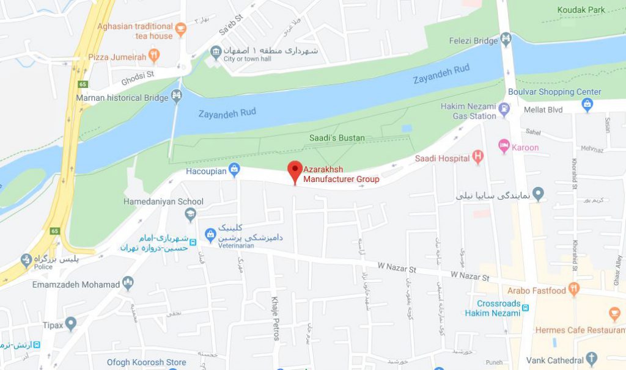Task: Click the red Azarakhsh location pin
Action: tap(295, 170)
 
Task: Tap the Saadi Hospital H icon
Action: tap(478, 158)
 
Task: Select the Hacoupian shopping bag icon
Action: tap(234, 169)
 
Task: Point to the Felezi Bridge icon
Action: tap(506, 39)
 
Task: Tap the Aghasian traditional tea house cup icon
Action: tap(180, 28)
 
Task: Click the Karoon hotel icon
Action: tap(504, 145)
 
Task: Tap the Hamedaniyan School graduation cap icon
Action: tap(191, 213)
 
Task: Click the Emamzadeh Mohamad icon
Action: tap(128, 283)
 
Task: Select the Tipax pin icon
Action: tap(71, 323)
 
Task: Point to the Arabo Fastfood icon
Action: tap(573, 288)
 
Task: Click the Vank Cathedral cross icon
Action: tap(591, 358)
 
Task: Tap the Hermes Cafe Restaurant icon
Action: tap(615, 315)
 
